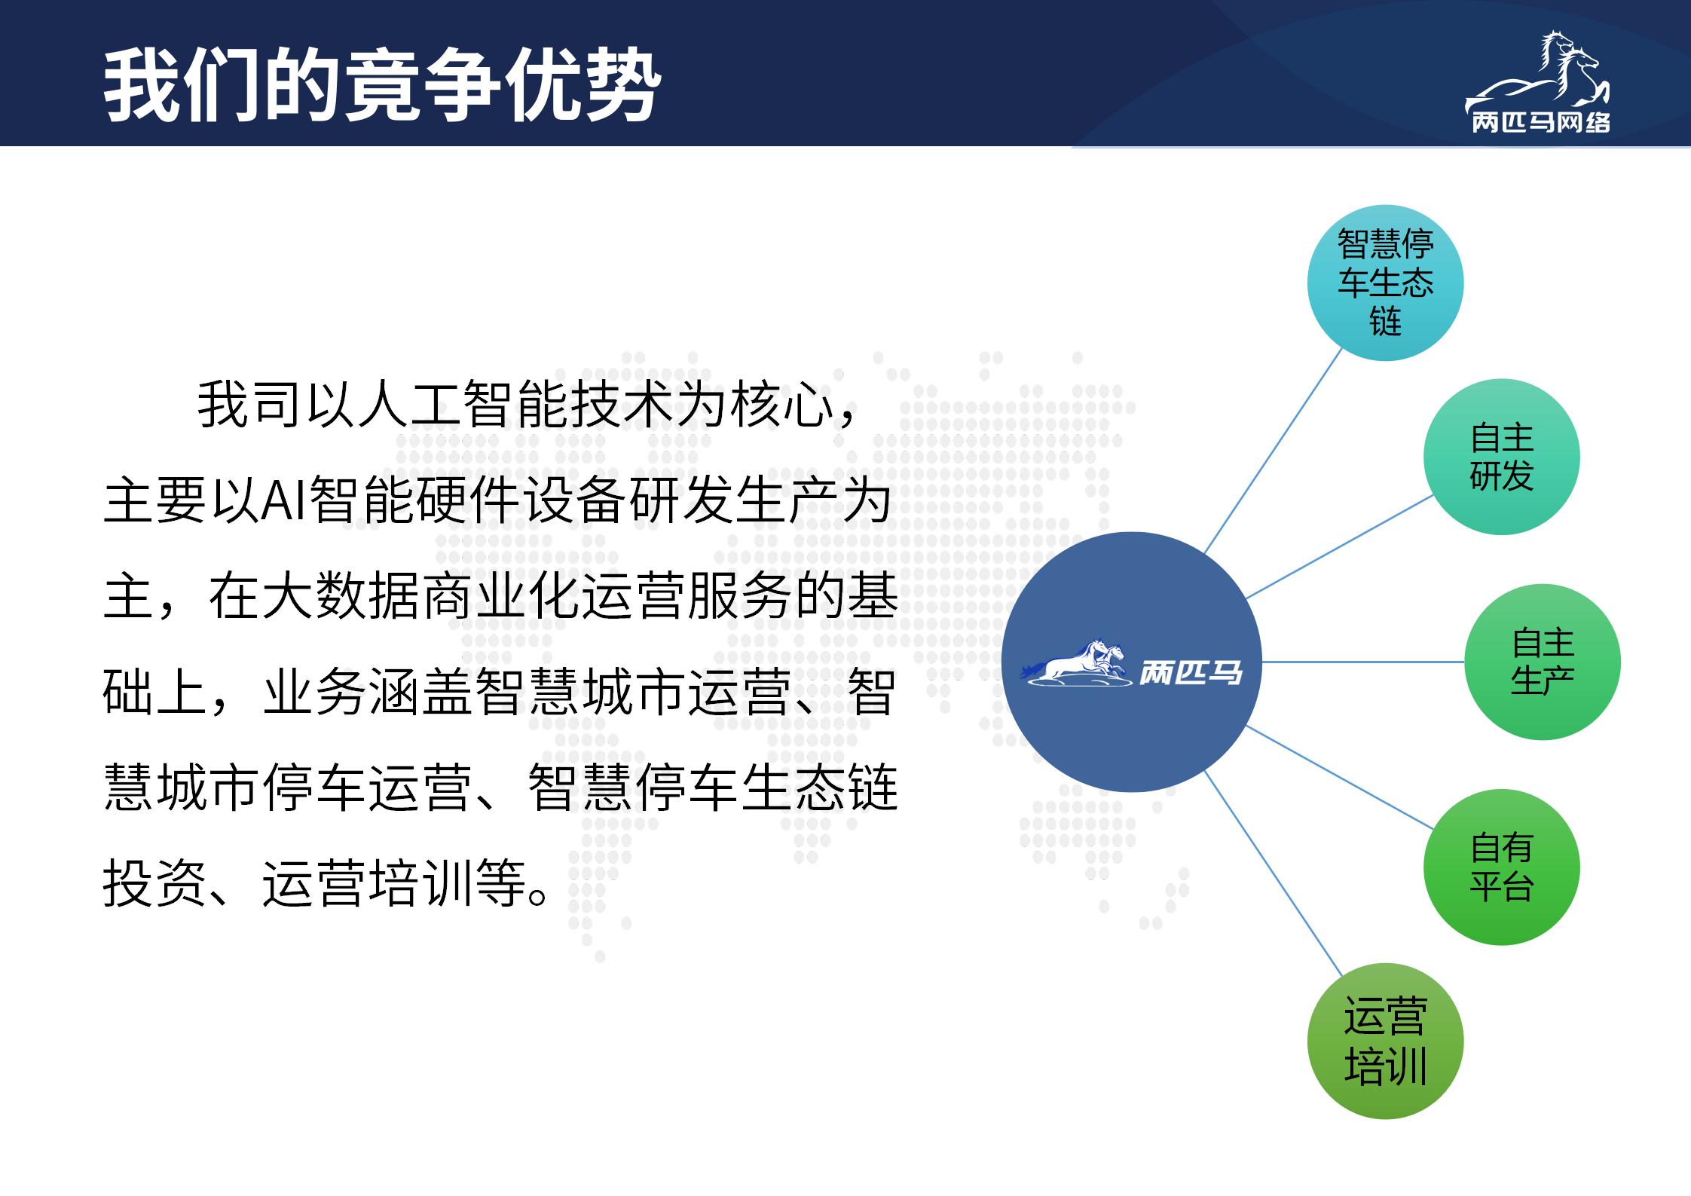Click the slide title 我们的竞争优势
[382, 86]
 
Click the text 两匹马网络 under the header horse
[1541, 122]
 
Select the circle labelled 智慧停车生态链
[1385, 283]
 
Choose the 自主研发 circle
[1501, 457]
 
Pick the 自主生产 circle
[1543, 662]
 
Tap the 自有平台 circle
[1501, 867]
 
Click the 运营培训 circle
[1385, 1041]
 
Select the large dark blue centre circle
[1131, 662]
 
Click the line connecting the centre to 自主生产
[1363, 662]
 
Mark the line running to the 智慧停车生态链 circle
[1274, 451]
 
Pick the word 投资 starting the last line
[154, 882]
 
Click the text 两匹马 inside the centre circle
[1190, 671]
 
